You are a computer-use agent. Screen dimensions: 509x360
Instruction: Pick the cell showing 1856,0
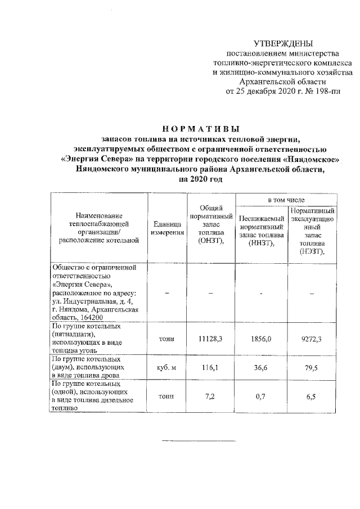click(x=262, y=339)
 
